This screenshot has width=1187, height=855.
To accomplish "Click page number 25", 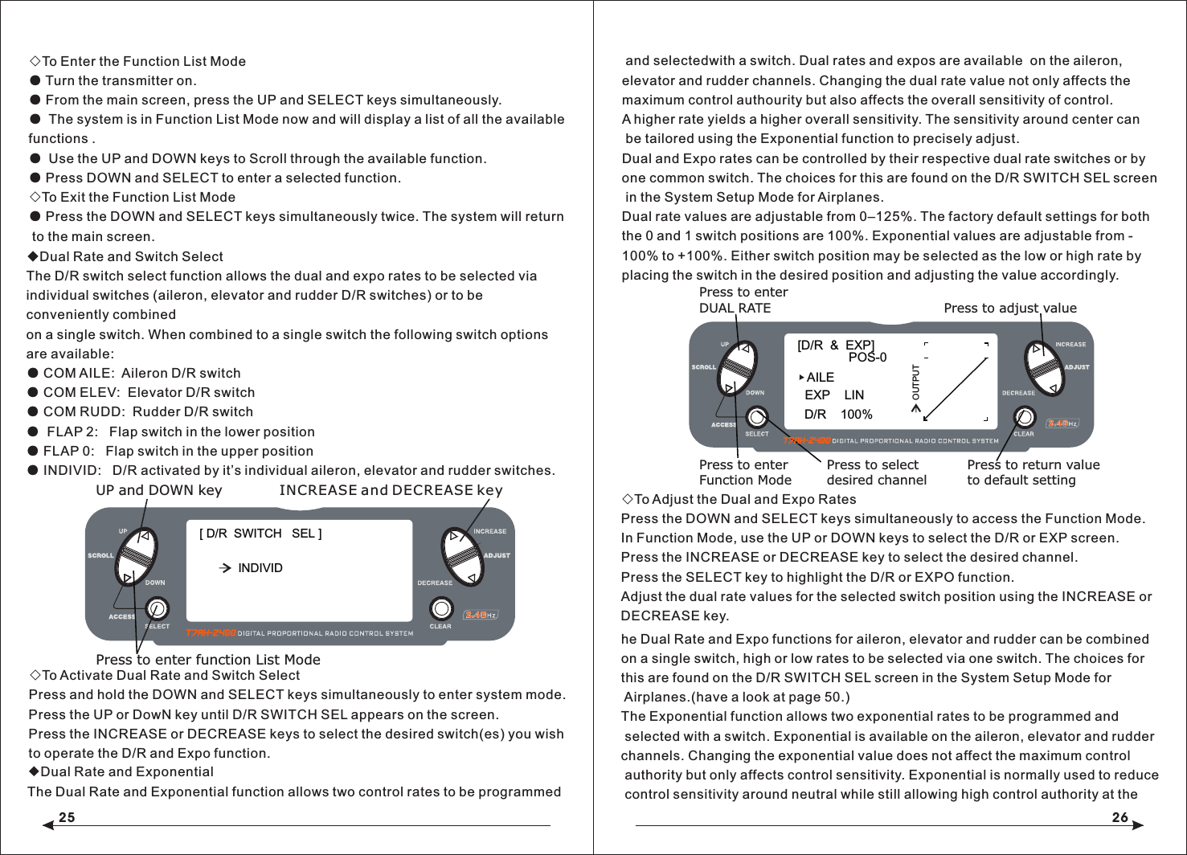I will pos(67,817).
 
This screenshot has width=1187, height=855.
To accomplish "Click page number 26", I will pos(1119,817).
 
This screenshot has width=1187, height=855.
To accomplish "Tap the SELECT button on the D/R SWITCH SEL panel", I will pos(157,608).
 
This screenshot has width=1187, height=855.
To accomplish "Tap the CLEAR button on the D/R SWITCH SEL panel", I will pos(440,608).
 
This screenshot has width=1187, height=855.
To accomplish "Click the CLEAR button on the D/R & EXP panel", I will pos(1024,416).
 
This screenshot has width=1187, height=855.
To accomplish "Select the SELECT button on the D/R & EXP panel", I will pos(756,416).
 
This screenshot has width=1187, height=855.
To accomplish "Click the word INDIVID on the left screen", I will pos(260,568).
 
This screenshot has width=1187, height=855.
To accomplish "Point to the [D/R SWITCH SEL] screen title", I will pos(260,534).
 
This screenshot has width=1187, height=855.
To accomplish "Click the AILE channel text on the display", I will pos(820,378).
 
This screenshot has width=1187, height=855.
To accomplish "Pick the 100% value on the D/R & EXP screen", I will pos(856,415).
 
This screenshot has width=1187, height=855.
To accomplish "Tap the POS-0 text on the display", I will pos(867,358).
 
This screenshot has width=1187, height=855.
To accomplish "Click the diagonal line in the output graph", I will pos(956,388).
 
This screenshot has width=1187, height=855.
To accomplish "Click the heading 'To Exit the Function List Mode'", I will pos(138,197).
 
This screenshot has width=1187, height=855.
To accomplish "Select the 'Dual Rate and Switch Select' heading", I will pos(131,256).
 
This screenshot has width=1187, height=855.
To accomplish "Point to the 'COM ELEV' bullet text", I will pos(149,392).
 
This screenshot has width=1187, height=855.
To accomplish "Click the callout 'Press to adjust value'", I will pos(1009,308).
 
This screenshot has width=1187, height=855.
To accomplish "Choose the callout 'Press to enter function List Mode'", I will pos(207,660).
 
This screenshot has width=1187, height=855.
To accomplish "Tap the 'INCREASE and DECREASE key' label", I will pos(391,490).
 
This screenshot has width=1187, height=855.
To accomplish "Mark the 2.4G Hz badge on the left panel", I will pos(481,616).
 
